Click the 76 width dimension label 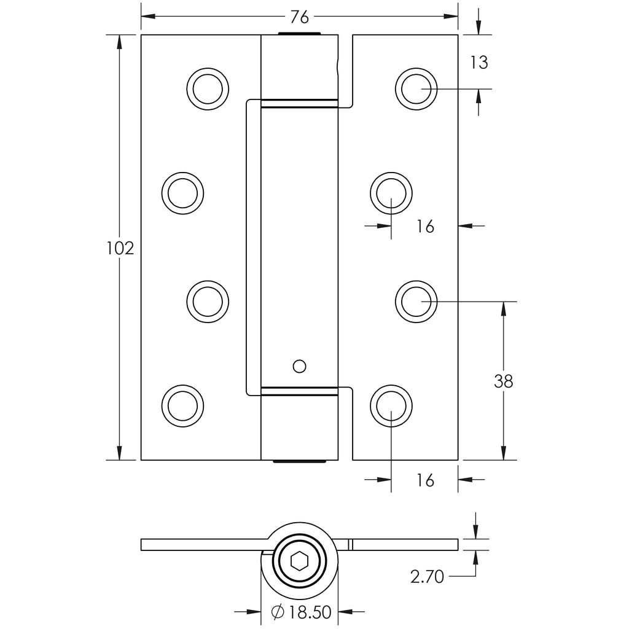coord(300,17)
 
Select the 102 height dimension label coord(120,248)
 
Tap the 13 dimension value coord(479,62)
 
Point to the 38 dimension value coord(504,381)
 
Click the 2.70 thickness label coord(427,577)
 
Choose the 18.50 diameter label coord(310,612)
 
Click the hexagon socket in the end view coord(299,560)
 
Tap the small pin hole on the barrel coord(300,366)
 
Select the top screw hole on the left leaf coord(208,88)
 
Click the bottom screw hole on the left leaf coord(182,405)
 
